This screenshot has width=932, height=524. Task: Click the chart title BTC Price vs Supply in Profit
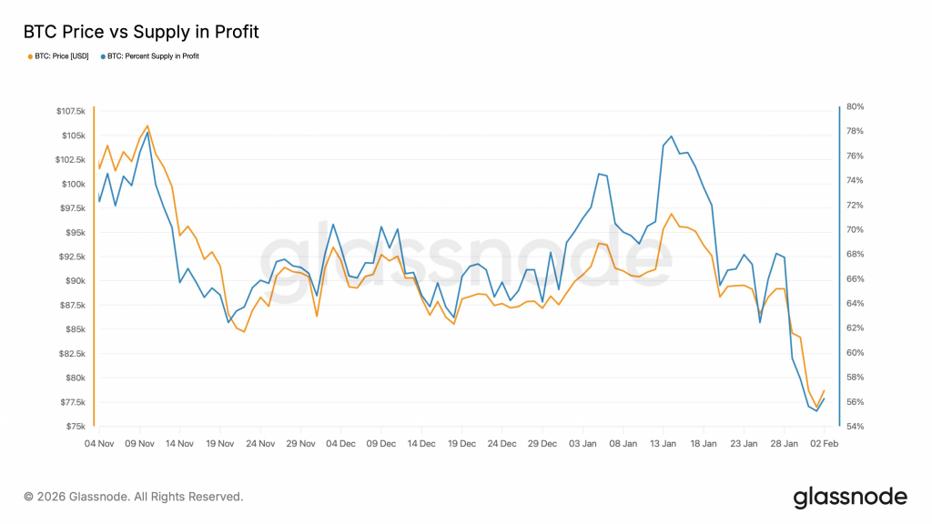[141, 32]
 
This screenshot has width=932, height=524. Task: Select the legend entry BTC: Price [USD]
[58, 56]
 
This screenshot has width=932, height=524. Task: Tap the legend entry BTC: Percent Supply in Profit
[150, 56]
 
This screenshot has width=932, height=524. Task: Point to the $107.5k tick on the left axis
[71, 111]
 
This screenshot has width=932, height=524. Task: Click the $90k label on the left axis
[74, 281]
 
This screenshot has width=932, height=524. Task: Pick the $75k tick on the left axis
[76, 427]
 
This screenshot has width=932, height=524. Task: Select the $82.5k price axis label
[72, 354]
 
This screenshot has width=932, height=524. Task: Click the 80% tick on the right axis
[856, 107]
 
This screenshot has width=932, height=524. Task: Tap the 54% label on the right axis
[856, 427]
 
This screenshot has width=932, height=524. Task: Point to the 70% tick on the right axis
[856, 230]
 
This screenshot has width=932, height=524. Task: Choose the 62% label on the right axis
[856, 327]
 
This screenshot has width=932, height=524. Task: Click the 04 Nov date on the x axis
[99, 444]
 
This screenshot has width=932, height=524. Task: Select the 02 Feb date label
[824, 444]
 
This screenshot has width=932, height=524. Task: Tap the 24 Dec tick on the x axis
[501, 444]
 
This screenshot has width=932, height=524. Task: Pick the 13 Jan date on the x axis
[663, 444]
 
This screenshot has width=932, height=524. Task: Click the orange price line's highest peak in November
[147, 126]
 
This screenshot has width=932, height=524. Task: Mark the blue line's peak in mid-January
[671, 136]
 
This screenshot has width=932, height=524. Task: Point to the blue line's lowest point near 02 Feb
[816, 410]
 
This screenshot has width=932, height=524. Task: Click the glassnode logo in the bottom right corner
[850, 498]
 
